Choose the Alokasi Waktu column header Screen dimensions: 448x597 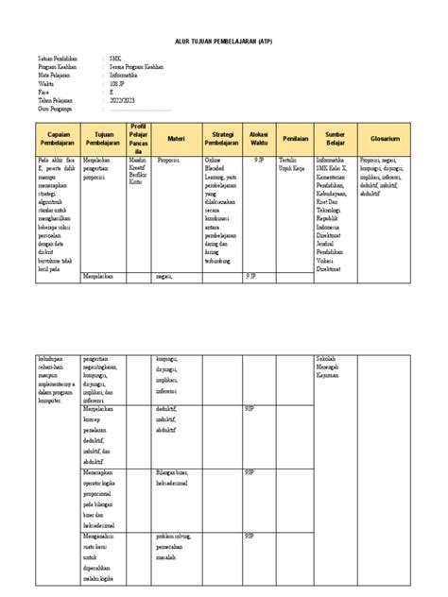tap(259, 139)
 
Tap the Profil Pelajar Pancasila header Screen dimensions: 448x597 tap(139, 139)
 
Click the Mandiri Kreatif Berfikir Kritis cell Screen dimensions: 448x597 tap(140, 171)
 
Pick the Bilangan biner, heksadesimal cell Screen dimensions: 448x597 tap(179, 476)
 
